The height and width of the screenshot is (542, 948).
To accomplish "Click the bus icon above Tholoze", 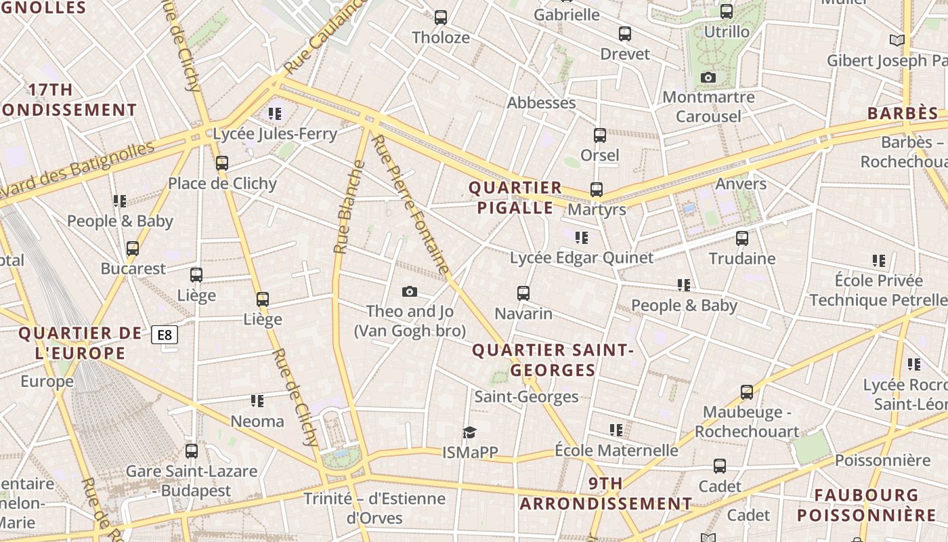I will (441, 17).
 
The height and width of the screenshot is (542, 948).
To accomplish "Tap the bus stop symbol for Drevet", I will (625, 33).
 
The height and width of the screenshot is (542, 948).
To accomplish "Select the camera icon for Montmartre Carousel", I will (708, 77).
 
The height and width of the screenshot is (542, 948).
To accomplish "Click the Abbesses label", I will (541, 103).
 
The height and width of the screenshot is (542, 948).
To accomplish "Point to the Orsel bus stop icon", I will (600, 135).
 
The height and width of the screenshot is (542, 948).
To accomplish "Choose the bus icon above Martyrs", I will (597, 189).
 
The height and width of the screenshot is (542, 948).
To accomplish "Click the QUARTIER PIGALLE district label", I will (515, 197).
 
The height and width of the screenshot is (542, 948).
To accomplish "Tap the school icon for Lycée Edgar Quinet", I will (581, 237).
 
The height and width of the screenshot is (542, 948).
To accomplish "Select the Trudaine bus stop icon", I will (742, 238).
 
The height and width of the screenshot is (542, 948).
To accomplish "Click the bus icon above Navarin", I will (523, 293).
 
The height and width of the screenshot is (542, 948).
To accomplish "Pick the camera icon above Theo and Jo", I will (409, 291).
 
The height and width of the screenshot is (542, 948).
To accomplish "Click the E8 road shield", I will (165, 334).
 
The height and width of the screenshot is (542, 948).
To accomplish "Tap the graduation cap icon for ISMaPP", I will (469, 432).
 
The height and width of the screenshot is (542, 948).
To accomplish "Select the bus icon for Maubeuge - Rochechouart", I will (747, 392).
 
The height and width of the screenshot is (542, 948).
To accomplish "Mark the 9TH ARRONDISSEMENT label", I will (605, 493).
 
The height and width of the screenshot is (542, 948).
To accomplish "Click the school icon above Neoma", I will (257, 400).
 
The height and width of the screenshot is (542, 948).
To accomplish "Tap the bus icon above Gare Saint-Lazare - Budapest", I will (192, 451).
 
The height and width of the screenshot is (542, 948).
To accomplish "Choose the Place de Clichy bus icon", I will (222, 163).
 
